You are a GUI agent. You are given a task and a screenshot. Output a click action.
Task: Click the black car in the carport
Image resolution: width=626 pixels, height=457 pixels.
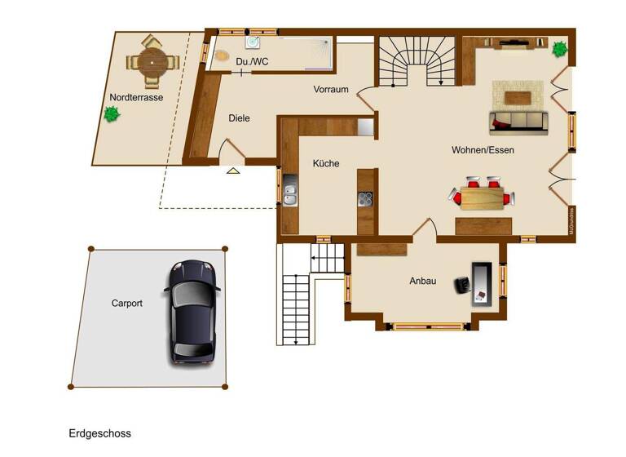pyautogui.click(x=192, y=312)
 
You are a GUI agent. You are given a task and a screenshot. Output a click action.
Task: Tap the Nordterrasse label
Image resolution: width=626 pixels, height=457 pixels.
pyautogui.click(x=136, y=97)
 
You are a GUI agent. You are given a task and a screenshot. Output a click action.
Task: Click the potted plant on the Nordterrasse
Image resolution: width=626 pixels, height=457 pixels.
pyautogui.click(x=111, y=115)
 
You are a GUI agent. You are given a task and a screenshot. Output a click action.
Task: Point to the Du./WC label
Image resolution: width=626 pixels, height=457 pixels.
pyautogui.click(x=253, y=62)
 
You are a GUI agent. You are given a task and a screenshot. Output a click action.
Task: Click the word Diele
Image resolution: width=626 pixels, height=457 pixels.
pyautogui.click(x=239, y=118)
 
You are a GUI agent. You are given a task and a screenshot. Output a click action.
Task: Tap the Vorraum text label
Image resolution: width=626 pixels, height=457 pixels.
pyautogui.click(x=331, y=90)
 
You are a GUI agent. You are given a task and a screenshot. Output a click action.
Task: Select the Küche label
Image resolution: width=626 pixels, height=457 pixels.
pyautogui.click(x=326, y=163)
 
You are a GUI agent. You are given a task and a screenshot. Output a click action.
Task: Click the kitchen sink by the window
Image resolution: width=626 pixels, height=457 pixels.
pyautogui.click(x=290, y=195)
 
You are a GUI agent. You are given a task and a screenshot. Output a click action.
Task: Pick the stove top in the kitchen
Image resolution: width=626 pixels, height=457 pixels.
pyautogui.click(x=366, y=198)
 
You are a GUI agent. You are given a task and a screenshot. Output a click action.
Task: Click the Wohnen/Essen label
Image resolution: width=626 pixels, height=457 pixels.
pyautogui.click(x=483, y=150)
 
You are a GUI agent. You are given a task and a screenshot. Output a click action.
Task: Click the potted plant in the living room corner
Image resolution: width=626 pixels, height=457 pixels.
pyautogui.click(x=560, y=49)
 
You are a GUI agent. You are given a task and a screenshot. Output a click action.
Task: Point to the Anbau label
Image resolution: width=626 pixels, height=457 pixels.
pyautogui.click(x=422, y=282)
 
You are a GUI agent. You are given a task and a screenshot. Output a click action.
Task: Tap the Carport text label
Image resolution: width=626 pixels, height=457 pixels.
pyautogui.click(x=127, y=303)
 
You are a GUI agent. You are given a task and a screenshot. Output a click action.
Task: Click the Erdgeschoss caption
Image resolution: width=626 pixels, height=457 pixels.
pyautogui.click(x=100, y=433)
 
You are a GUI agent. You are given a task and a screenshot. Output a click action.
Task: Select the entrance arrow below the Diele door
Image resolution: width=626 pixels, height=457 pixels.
pyautogui.click(x=233, y=171)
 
